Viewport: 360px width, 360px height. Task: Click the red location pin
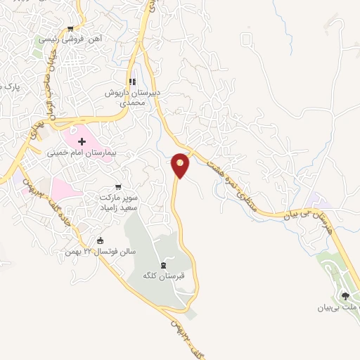point(181,165)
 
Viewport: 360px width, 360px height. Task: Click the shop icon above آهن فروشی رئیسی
point(70,29)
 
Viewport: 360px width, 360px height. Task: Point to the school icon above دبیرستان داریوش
point(132,82)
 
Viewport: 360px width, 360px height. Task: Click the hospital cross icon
point(82,141)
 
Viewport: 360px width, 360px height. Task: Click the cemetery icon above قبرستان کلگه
point(163,265)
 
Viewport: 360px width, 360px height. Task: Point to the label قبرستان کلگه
point(163,276)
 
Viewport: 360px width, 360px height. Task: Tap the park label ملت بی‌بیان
point(337,307)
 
